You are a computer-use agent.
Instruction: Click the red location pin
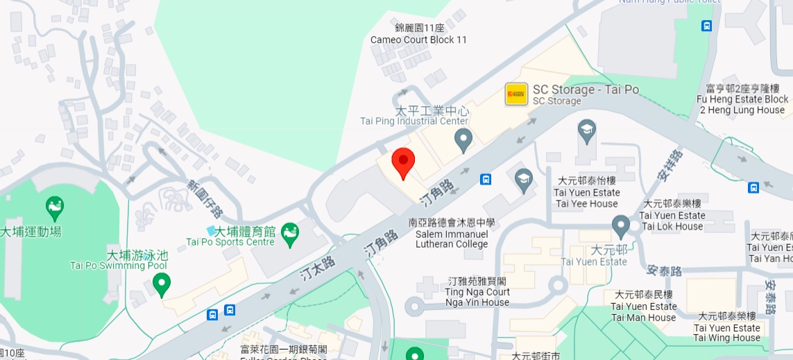pos(403,162)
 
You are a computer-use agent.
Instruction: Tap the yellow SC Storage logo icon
pos(516,94)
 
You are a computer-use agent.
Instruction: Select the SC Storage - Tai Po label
pos(586,90)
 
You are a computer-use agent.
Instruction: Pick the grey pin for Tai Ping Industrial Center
pos(463,141)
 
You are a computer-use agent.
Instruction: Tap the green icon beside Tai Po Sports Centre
pos(290,234)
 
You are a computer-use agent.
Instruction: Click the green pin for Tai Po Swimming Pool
pos(162,284)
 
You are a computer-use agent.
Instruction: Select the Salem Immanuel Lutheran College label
pos(452,234)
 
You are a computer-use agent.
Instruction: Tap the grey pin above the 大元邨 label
pos(620,225)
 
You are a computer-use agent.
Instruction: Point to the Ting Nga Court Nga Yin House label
pos(477,292)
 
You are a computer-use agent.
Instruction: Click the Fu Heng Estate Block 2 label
pos(742,99)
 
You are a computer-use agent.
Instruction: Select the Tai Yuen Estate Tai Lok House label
pos(672,215)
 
